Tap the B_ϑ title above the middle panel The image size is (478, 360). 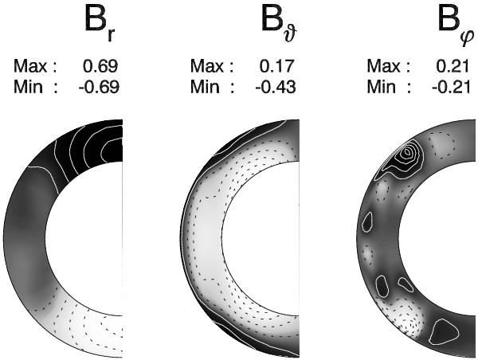click(x=279, y=25)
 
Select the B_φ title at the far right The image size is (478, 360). click(x=456, y=27)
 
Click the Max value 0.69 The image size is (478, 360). click(x=100, y=66)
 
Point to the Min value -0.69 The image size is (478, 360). click(x=99, y=87)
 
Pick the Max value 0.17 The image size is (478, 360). click(x=277, y=66)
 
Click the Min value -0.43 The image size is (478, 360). click(x=276, y=87)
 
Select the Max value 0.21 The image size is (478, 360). click(x=453, y=66)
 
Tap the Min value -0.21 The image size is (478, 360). click(x=452, y=87)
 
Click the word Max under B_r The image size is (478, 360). click(x=30, y=66)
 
